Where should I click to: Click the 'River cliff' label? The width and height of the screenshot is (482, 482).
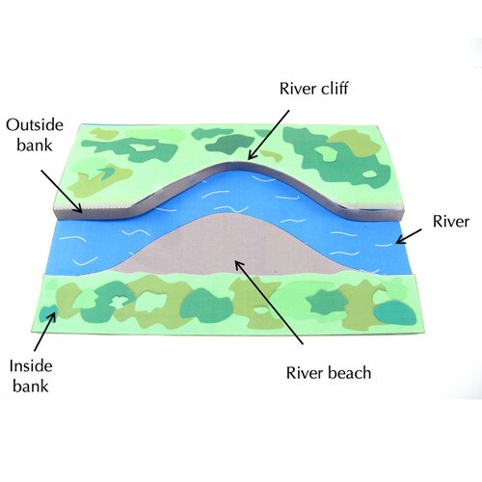pyautogui.click(x=313, y=89)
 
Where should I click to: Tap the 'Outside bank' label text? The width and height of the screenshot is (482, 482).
pyautogui.click(x=35, y=135)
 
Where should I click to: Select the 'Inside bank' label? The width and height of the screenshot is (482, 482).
pyautogui.click(x=31, y=376)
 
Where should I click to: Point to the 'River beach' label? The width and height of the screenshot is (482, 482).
pyautogui.click(x=329, y=373)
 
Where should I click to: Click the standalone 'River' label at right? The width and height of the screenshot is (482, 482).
pyautogui.click(x=450, y=222)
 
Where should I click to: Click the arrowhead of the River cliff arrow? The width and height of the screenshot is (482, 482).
pyautogui.click(x=252, y=155)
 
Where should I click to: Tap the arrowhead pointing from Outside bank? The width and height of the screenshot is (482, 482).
pyautogui.click(x=78, y=208)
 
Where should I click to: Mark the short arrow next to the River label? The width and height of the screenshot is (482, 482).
pyautogui.click(x=408, y=236)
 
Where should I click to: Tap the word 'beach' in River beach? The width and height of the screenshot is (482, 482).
pyautogui.click(x=350, y=373)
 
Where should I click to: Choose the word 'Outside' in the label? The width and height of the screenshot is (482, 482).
pyautogui.click(x=35, y=125)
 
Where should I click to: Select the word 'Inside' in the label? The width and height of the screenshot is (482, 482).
pyautogui.click(x=31, y=366)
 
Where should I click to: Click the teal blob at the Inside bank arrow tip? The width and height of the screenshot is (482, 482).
pyautogui.click(x=47, y=313)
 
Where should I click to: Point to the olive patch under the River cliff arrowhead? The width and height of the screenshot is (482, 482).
pyautogui.click(x=272, y=156)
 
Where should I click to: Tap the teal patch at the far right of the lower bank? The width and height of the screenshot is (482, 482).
pyautogui.click(x=395, y=312)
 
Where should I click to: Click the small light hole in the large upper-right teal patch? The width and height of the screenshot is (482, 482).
pyautogui.click(x=369, y=174)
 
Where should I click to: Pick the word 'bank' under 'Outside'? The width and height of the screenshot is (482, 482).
pyautogui.click(x=35, y=145)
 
